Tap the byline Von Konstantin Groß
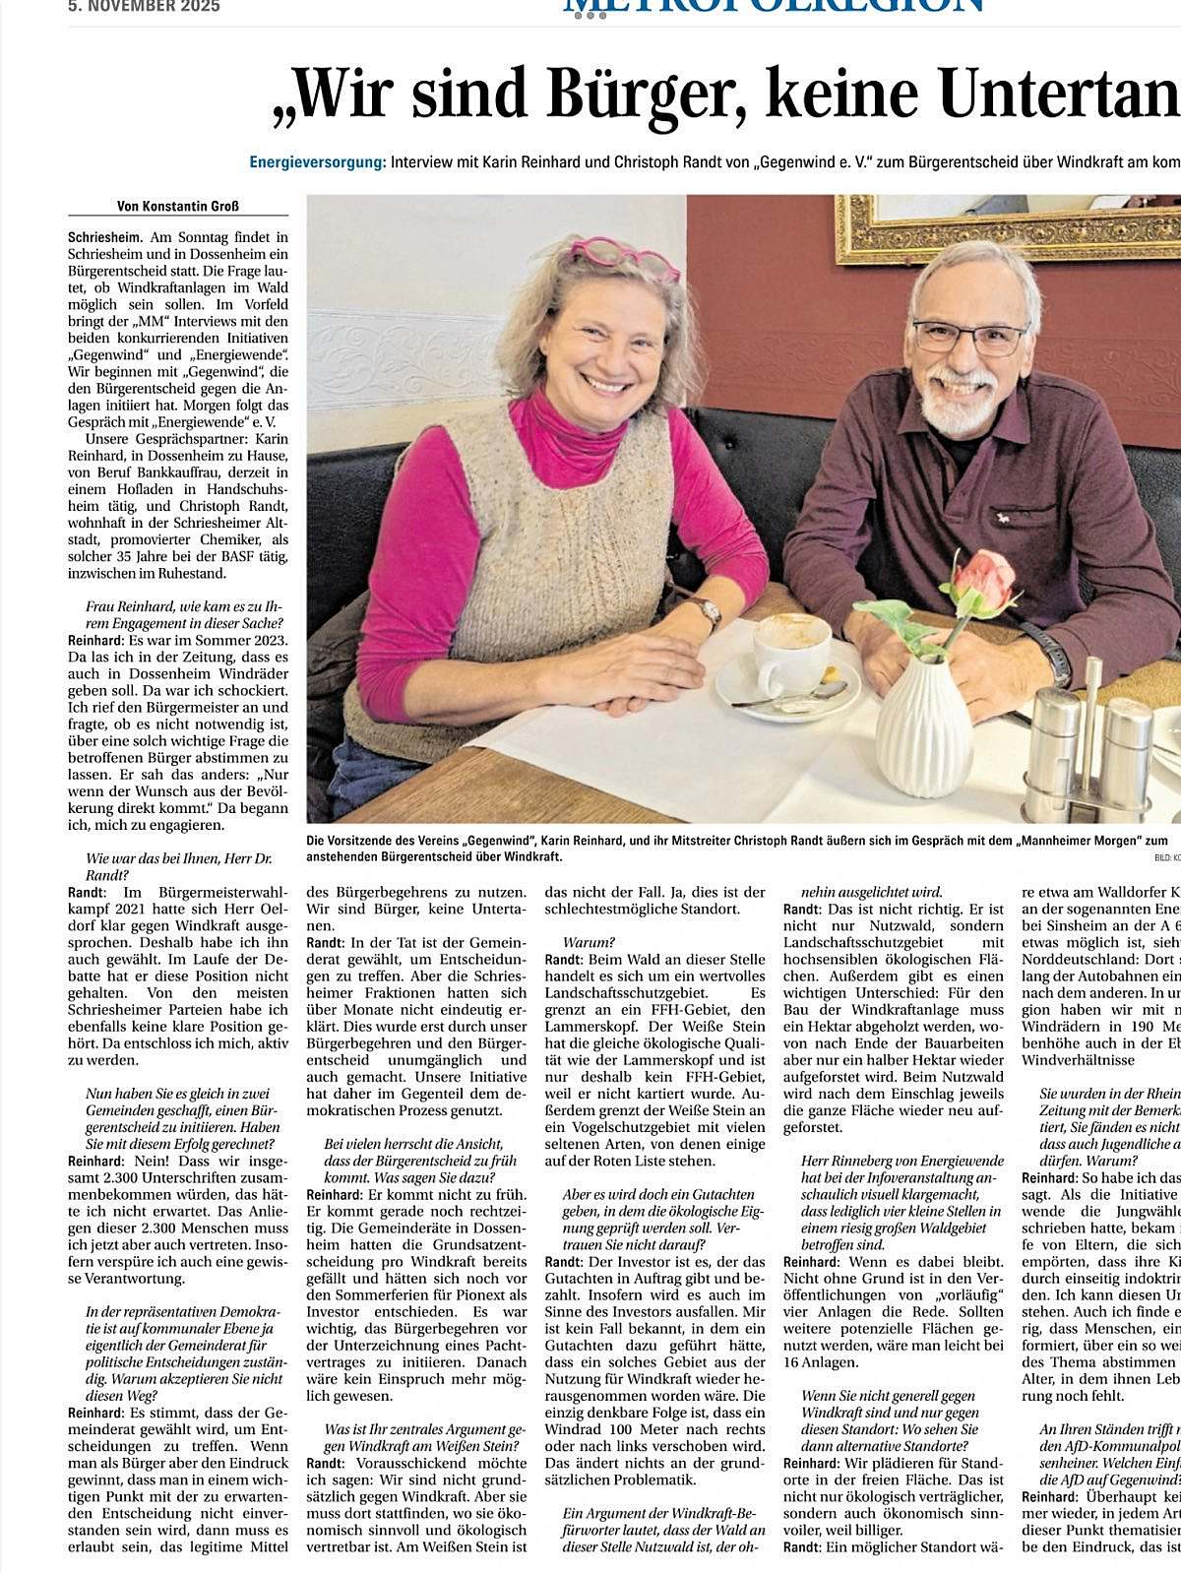point(178,206)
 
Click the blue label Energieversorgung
point(317,161)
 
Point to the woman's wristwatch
point(706,611)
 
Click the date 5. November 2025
point(144,6)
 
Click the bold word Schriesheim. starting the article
point(105,237)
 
